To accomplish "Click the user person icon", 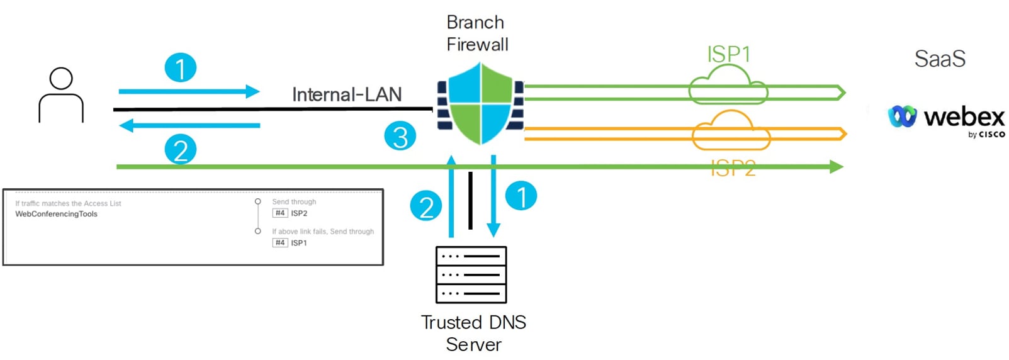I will point(61,95).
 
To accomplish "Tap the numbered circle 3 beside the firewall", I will point(400,137).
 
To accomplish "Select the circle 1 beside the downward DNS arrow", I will point(521,196).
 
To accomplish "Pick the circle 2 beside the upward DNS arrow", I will point(426,206).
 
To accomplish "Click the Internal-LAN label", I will point(347,94).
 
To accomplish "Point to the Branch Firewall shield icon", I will point(481,103).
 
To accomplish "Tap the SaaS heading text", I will point(939,59).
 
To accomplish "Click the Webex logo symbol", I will point(903,116).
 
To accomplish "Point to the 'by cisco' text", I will point(986,135).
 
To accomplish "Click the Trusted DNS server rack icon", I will point(471,274).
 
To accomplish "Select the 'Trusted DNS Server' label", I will point(473,333).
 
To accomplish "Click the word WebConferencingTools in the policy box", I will point(57,214).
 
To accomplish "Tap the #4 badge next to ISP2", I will point(280,213).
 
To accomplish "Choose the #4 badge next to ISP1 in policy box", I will point(280,243).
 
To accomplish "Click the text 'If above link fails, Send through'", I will point(323,232).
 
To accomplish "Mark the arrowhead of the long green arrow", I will point(837,167).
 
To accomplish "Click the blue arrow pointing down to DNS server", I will point(493,195).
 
